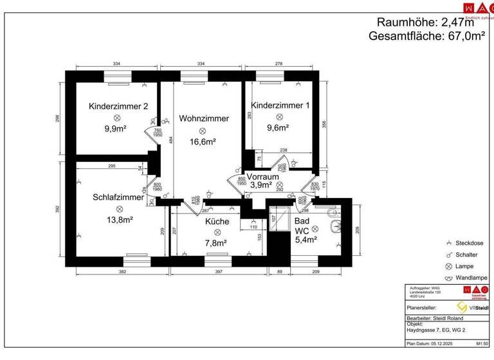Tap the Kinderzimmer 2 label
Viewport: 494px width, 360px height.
118,106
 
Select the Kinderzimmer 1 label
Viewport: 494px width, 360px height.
280,105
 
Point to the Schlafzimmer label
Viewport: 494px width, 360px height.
118,197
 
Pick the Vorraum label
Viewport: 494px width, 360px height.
263,176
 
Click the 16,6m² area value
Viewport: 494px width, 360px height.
202,142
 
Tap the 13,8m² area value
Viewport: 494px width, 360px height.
119,220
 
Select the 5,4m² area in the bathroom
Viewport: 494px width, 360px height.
306,240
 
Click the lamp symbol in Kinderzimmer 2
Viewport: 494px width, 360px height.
118,118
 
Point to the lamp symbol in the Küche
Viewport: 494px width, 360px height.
217,232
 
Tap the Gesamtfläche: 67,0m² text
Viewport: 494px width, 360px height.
426,37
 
